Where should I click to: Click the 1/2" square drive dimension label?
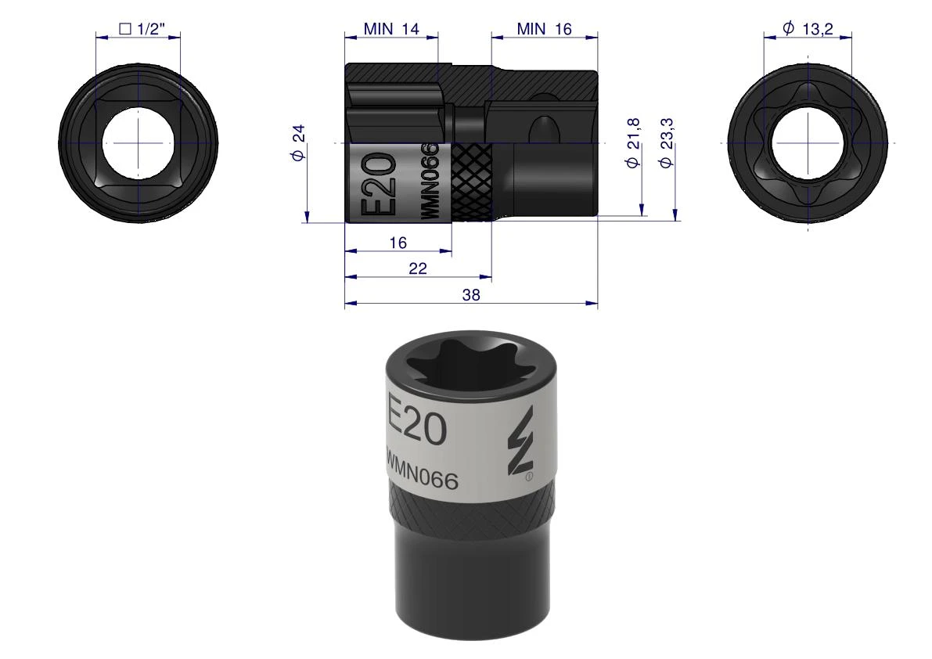(x=142, y=28)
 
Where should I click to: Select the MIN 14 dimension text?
(x=391, y=28)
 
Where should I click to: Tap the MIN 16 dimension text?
(x=544, y=28)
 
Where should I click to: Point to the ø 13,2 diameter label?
(x=808, y=28)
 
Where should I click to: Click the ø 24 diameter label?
(x=298, y=142)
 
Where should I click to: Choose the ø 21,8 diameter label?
(x=633, y=142)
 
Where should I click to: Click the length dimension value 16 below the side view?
(x=398, y=243)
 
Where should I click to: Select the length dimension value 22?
(x=418, y=268)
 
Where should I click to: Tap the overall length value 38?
(x=471, y=295)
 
